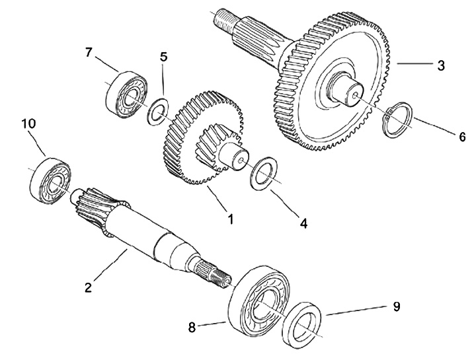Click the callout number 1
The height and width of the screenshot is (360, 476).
[x=231, y=217]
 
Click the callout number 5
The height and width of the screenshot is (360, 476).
[x=164, y=57]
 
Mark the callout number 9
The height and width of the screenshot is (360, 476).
[x=395, y=307]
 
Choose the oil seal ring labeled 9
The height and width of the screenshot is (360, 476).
[x=303, y=324]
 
